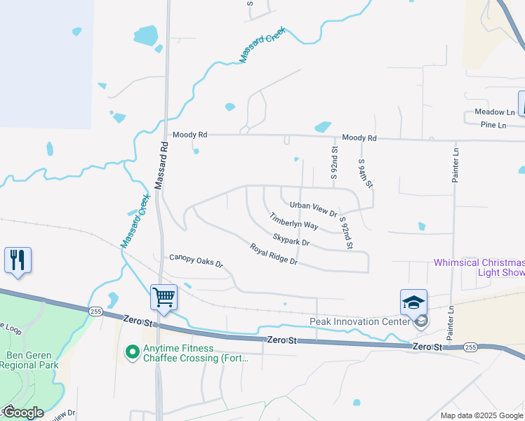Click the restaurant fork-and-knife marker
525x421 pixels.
[x=18, y=260]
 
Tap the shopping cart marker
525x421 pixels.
[x=164, y=298]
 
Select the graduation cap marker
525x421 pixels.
[x=413, y=302]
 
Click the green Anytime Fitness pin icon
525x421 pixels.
[x=131, y=352]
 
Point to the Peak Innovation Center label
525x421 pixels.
[x=359, y=322]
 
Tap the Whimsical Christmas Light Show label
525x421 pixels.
[x=479, y=267]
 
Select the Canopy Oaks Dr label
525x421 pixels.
[x=196, y=261]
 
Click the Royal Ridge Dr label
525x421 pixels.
[x=274, y=254]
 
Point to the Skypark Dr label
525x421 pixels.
[x=291, y=240]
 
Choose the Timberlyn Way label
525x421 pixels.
[x=294, y=222]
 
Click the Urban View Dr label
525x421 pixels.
[x=314, y=208]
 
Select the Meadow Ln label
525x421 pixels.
[x=494, y=112]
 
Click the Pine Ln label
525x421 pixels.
[x=493, y=126]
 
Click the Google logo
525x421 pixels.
[x=23, y=413]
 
